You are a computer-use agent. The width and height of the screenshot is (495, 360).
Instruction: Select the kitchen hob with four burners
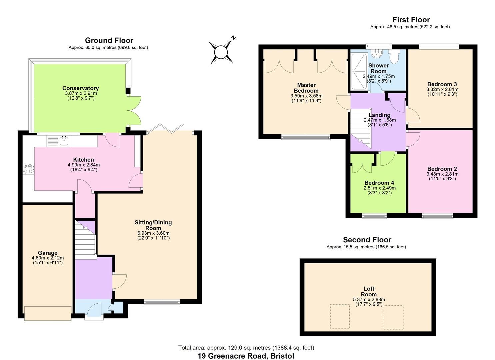tap(28, 169)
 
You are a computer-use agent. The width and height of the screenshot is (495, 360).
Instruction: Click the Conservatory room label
tap(80, 88)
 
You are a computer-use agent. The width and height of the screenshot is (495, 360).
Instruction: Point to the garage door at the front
tap(48, 313)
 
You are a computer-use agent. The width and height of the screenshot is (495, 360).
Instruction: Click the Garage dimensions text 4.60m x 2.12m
tap(47, 258)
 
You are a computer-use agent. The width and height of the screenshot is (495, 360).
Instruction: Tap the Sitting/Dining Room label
tap(153, 225)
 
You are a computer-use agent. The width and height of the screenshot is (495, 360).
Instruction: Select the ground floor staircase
tap(85, 238)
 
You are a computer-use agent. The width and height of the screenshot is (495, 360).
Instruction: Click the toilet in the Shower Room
tap(395, 57)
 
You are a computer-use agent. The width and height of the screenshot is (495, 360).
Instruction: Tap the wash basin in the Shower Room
tap(377, 53)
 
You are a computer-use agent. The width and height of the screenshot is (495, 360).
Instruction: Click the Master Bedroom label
tap(306, 88)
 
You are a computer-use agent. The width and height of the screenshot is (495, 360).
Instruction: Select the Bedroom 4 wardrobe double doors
tap(362, 163)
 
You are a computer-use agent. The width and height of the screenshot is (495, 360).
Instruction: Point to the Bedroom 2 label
tap(442, 169)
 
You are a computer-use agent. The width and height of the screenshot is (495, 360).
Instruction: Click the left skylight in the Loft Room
tap(340, 316)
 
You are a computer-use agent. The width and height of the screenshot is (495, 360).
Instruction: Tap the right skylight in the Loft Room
tap(393, 317)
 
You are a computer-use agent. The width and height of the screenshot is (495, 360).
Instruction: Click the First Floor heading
tap(411, 20)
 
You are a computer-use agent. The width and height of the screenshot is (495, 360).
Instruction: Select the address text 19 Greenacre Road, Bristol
tap(246, 356)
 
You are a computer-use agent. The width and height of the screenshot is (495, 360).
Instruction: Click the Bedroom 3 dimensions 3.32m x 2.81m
tap(442, 89)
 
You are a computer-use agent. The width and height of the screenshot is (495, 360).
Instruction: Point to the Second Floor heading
tap(367, 240)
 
